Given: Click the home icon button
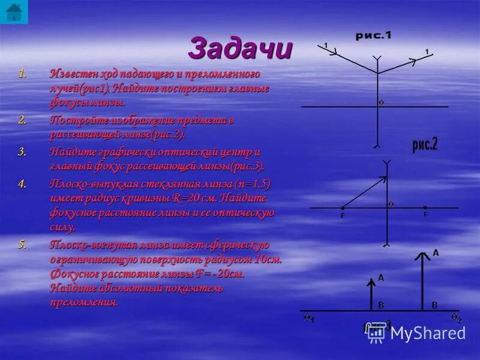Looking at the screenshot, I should click(13, 11).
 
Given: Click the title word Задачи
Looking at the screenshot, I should click(240, 47).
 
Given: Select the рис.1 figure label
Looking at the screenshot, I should click(373, 36).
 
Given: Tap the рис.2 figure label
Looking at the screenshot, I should click(425, 144).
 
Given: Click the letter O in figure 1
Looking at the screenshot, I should click(381, 103).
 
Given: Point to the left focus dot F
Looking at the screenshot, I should click(343, 208).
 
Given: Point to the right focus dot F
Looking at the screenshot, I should click(425, 208).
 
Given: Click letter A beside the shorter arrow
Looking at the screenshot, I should click(380, 278).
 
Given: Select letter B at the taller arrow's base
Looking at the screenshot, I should click(434, 305).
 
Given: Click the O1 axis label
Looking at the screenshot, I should click(308, 318).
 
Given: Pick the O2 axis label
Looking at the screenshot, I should click(455, 317).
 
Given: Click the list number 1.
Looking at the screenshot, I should click(23, 74).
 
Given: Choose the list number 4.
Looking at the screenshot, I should click(23, 184).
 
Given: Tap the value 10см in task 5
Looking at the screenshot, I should click(268, 260).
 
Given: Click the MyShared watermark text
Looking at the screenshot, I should click(428, 333).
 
